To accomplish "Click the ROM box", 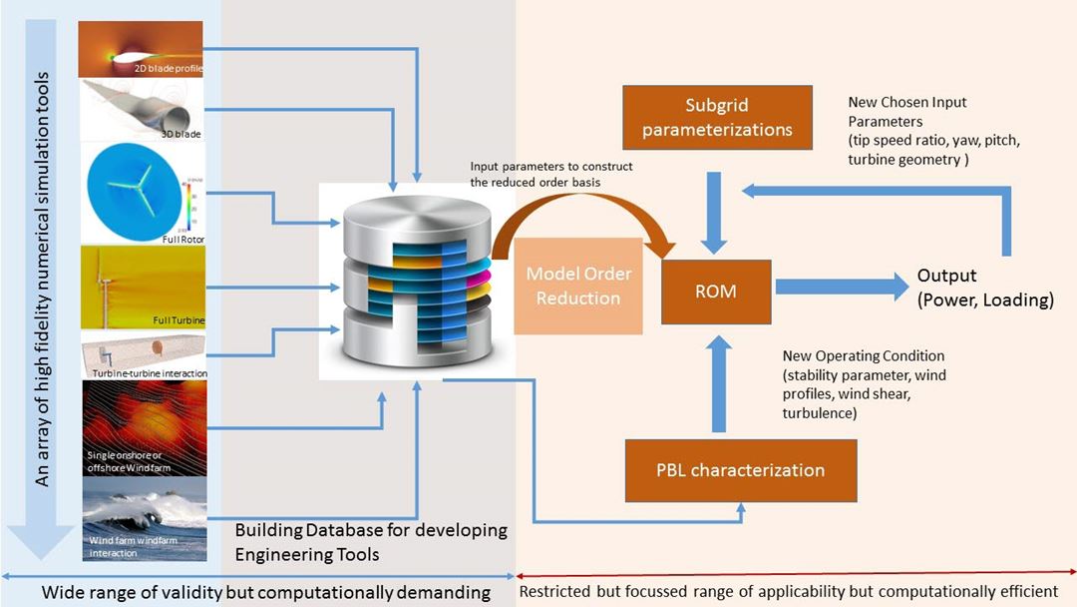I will (716, 292).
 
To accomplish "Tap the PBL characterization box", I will (740, 469).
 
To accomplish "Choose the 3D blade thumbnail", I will (141, 109).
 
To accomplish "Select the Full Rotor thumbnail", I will (141, 194).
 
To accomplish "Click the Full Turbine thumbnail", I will (141, 287).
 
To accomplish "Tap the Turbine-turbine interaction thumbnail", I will (141, 354).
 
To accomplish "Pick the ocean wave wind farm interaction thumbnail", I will (141, 519).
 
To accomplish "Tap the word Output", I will (946, 277).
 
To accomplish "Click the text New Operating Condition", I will (864, 356).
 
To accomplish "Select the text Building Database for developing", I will (371, 530).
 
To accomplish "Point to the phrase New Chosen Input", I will (907, 102).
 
